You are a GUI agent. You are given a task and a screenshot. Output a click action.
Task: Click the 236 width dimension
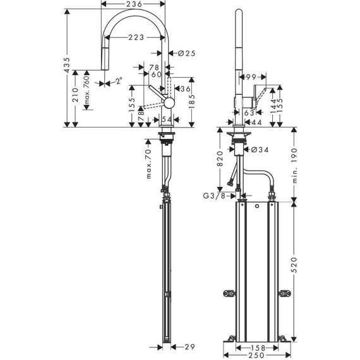point(132,4)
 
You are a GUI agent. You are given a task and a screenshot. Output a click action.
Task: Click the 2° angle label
point(117,81)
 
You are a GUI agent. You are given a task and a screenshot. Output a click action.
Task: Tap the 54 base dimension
point(166,119)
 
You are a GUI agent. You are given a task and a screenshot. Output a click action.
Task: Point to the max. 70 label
point(148,163)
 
